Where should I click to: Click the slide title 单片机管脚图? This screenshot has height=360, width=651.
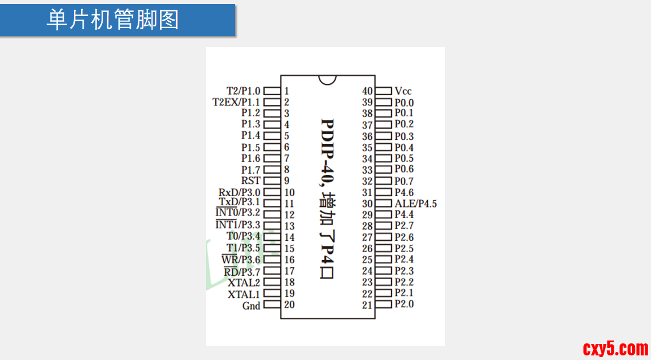[x=112, y=20]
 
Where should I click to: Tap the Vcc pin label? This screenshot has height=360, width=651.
[x=403, y=91]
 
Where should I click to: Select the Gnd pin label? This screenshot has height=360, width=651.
[x=251, y=306]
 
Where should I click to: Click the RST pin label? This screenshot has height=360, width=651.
[x=251, y=181]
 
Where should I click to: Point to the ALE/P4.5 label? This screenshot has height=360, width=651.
[x=416, y=204]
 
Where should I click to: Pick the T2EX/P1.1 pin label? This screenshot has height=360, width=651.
[x=236, y=102]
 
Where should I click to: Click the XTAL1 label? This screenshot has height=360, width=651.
[x=244, y=294]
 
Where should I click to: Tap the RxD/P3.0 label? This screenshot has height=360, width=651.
[x=239, y=192]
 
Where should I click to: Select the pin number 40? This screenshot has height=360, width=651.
[x=367, y=91]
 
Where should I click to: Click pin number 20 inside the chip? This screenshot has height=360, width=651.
[x=290, y=304]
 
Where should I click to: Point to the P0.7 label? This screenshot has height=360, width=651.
[x=404, y=181]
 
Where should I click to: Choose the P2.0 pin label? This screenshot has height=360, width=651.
[x=404, y=304]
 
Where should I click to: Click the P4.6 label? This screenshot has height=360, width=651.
[x=404, y=193]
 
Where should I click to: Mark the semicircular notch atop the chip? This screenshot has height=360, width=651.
[x=328, y=80]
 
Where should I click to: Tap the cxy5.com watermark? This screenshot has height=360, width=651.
[x=615, y=348]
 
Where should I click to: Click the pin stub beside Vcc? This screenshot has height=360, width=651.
[x=384, y=91]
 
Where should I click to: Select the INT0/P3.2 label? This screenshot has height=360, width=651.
[x=237, y=213]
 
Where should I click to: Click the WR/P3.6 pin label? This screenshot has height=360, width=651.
[x=241, y=260]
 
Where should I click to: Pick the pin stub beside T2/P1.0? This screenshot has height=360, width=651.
[x=272, y=91]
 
